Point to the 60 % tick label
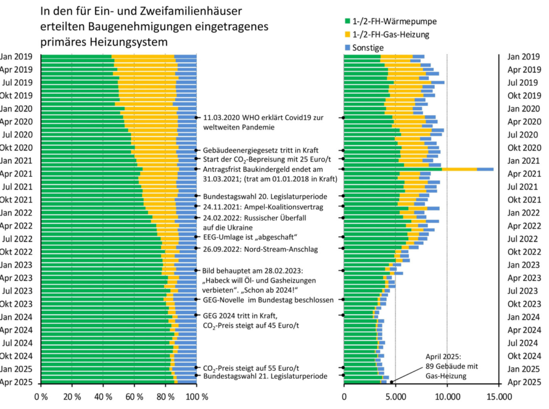(135, 397)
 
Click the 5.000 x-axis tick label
(395, 397)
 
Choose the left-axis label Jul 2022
(17, 238)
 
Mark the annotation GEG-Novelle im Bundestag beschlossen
(268, 300)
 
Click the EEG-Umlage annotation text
(250, 237)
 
